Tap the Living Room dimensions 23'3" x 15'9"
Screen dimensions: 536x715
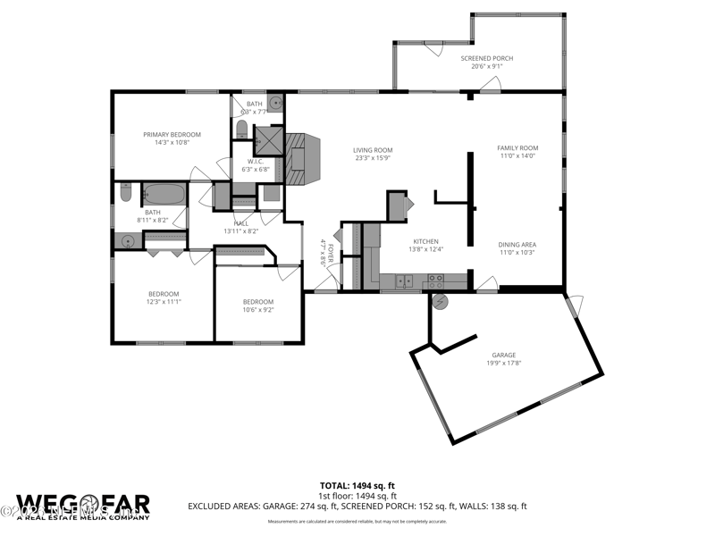click(x=373, y=159)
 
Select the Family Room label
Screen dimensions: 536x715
click(x=517, y=147)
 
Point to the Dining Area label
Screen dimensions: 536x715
click(x=517, y=245)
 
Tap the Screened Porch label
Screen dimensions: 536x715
click(x=487, y=58)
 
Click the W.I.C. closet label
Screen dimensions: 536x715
click(x=258, y=162)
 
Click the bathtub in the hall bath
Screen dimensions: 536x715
click(x=164, y=193)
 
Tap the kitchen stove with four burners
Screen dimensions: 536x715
click(x=436, y=280)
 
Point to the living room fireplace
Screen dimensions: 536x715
click(x=301, y=159)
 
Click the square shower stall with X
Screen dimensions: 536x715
click(x=267, y=141)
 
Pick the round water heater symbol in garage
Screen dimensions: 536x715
click(x=440, y=302)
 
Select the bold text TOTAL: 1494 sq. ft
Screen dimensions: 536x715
click(x=357, y=485)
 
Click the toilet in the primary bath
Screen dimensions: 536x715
click(x=241, y=130)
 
